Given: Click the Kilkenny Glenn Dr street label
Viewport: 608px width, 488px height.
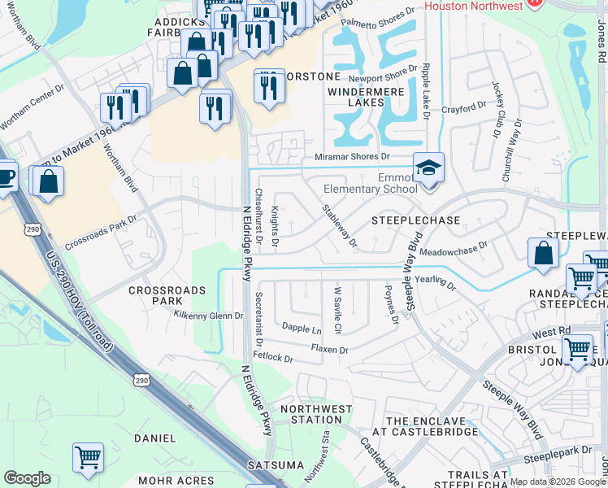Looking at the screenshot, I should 208,315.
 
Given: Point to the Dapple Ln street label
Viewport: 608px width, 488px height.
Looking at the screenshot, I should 301,329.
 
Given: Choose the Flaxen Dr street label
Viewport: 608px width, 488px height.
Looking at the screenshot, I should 329,350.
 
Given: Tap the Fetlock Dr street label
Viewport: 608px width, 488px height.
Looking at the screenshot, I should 272,357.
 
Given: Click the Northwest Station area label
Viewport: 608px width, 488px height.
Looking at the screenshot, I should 316,414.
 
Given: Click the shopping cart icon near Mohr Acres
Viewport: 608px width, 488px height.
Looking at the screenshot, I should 88,458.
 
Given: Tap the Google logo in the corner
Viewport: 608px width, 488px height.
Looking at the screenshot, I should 27,478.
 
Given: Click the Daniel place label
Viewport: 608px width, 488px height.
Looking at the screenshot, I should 154,438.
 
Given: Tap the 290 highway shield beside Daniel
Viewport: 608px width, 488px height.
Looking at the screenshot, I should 142,381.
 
